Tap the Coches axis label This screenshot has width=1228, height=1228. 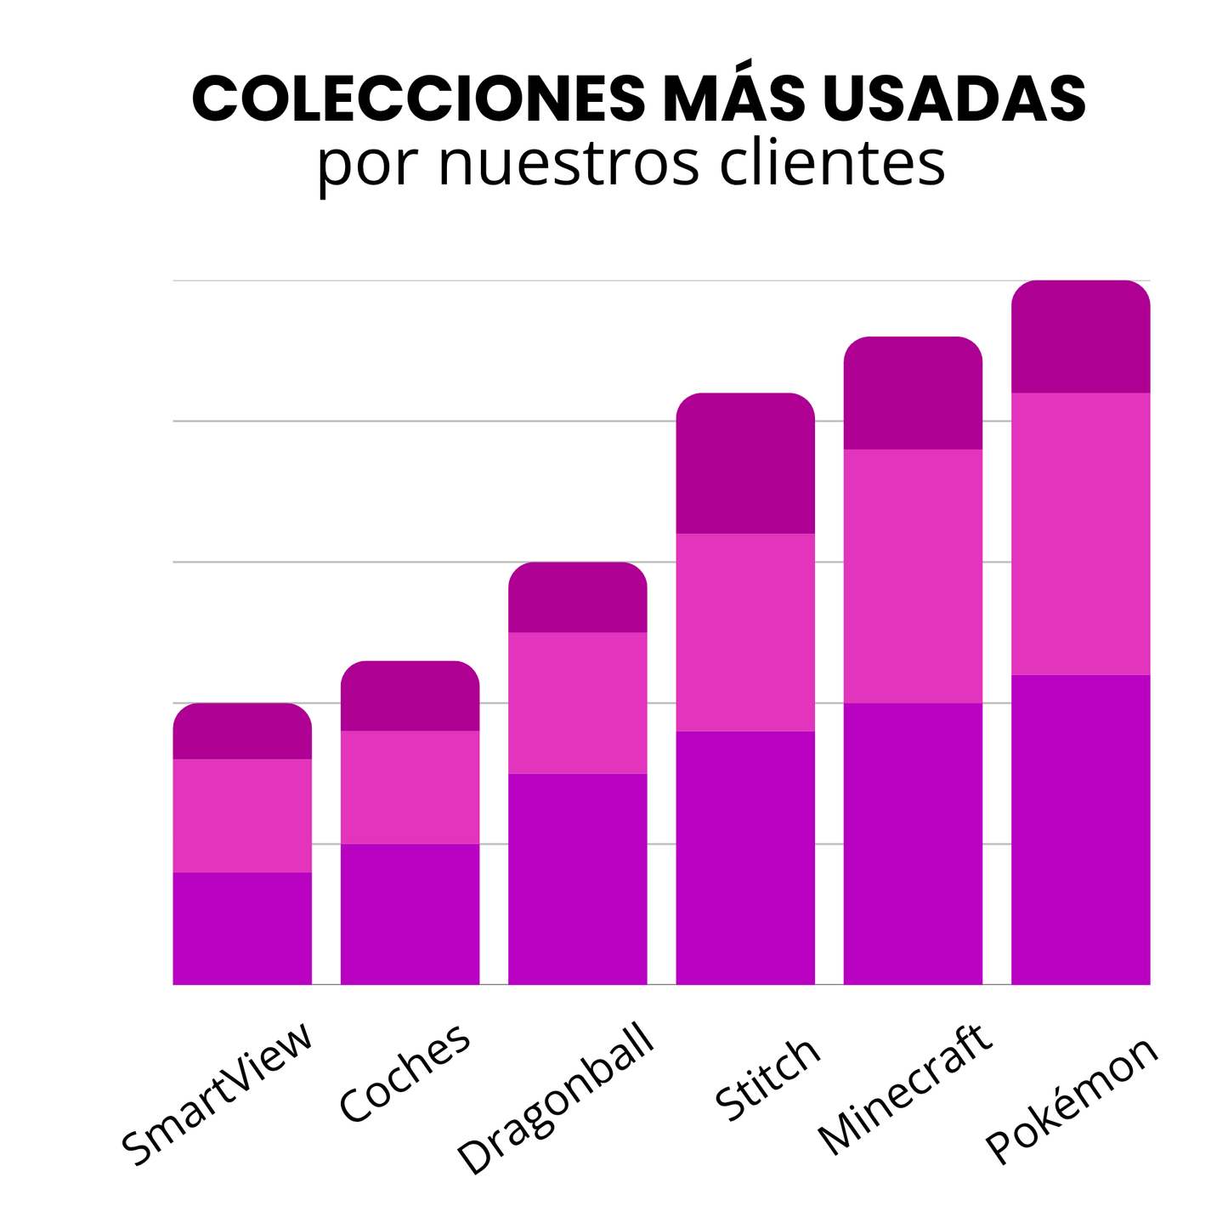coord(405,1072)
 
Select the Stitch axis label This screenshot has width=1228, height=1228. coord(768,1079)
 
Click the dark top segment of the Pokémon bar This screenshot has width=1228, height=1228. coord(1080,337)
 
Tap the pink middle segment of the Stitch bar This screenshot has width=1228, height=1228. coord(745,632)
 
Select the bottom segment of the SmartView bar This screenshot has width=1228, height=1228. coord(242,928)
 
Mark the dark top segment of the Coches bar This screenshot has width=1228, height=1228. coord(410,696)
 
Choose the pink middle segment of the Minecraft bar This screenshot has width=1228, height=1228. coord(913,576)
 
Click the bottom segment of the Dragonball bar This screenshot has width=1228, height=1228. coord(578,879)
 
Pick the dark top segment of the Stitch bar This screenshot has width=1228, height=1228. coord(745,464)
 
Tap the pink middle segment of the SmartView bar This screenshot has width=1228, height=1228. coord(242,816)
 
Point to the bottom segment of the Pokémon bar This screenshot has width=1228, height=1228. coord(1080,829)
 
